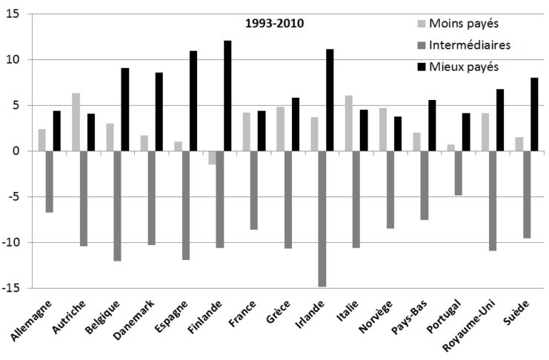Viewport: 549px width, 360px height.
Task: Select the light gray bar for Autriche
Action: pos(75,122)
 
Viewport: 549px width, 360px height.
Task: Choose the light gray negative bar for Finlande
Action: pos(211,158)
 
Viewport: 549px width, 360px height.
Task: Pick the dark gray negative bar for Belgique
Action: pos(116,206)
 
